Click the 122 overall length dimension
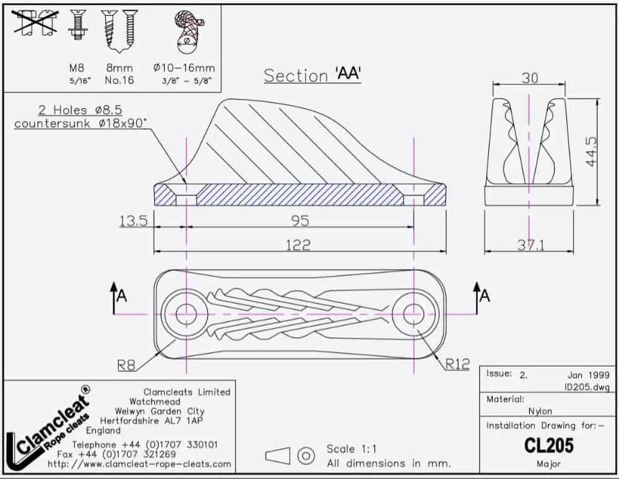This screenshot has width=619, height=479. [298, 245]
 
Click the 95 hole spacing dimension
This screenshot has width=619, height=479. [300, 220]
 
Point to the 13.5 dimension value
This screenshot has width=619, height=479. [134, 221]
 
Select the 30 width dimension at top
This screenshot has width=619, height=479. [530, 78]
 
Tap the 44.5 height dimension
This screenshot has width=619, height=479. [591, 152]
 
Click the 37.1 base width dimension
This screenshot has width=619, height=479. [531, 246]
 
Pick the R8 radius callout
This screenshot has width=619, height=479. [126, 365]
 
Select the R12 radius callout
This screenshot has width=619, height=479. [457, 364]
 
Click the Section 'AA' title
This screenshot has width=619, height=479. [313, 75]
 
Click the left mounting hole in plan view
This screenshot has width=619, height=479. [186, 314]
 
